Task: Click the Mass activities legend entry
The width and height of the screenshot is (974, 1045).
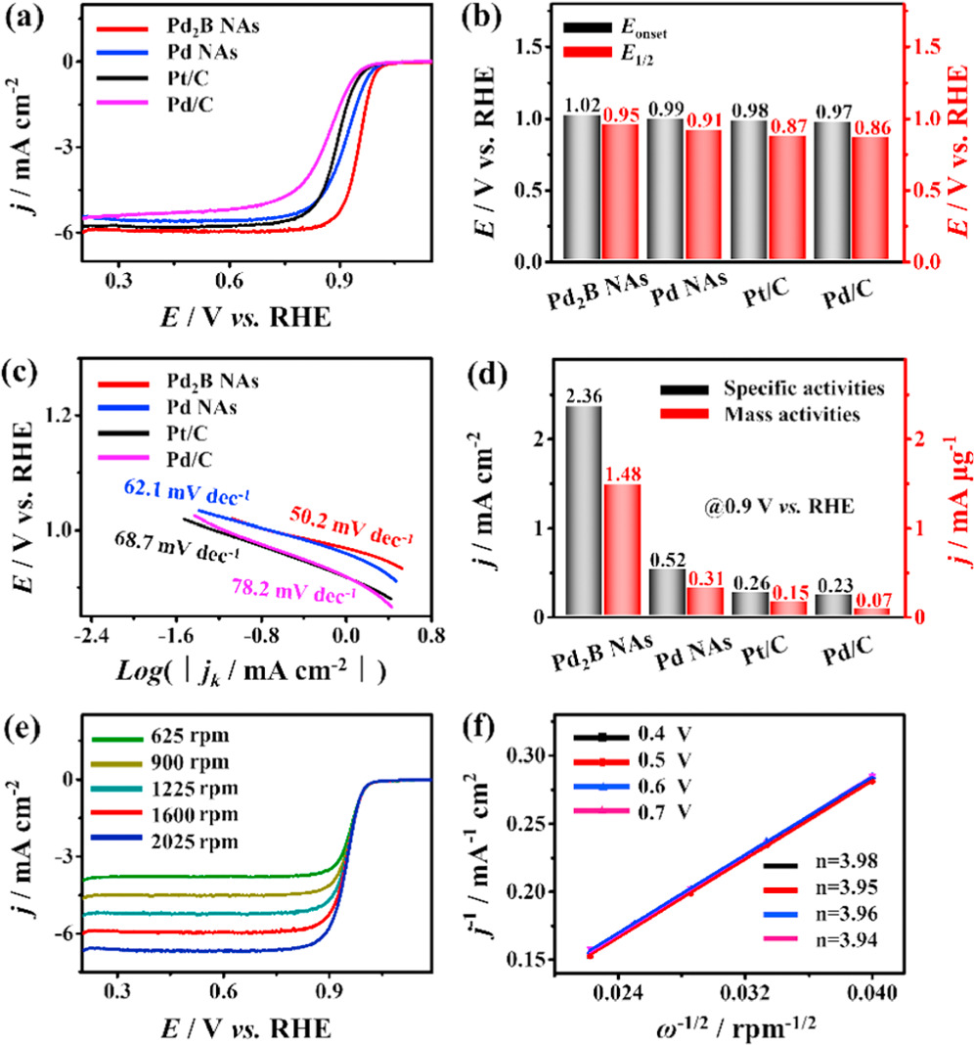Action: (x=773, y=414)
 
